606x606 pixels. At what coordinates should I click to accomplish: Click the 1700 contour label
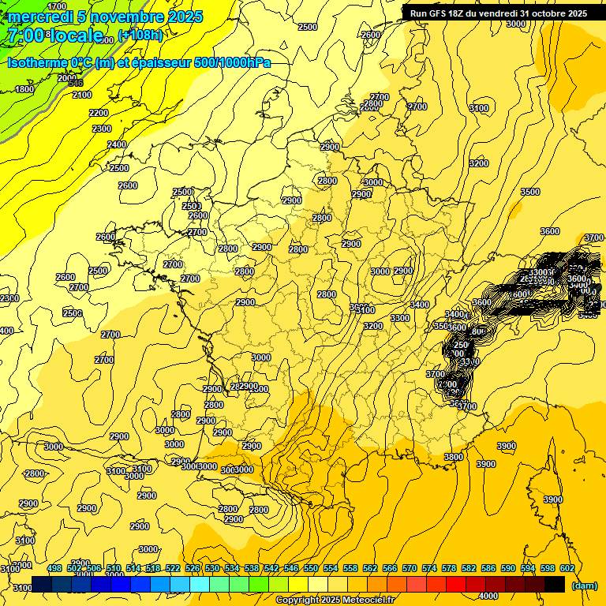tap(57, 6)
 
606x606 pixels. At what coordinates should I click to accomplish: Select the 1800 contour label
tap(24, 89)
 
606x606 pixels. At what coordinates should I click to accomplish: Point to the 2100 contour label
tap(82, 95)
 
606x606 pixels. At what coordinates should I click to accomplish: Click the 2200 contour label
tap(99, 113)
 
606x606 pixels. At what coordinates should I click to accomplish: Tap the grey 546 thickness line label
tap(75, 83)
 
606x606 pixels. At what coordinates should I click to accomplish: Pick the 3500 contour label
tap(530, 192)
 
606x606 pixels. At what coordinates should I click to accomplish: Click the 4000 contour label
tap(488, 596)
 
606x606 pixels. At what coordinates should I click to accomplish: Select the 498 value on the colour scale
tap(54, 567)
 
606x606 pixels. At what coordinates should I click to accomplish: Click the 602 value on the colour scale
tap(567, 567)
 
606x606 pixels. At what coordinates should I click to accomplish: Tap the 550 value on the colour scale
tap(311, 567)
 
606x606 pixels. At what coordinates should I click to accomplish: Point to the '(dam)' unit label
tap(585, 585)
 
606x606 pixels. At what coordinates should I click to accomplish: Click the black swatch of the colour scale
tap(555, 584)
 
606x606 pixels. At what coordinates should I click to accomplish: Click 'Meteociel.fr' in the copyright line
tap(368, 600)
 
